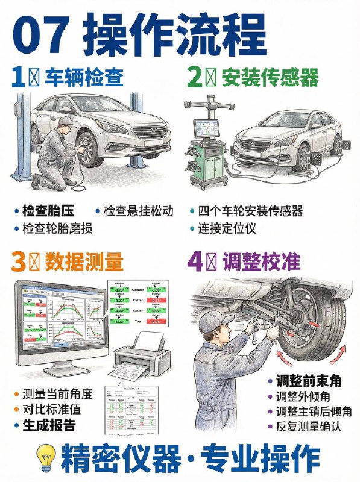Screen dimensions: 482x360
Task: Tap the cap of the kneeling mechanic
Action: click(65, 121)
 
